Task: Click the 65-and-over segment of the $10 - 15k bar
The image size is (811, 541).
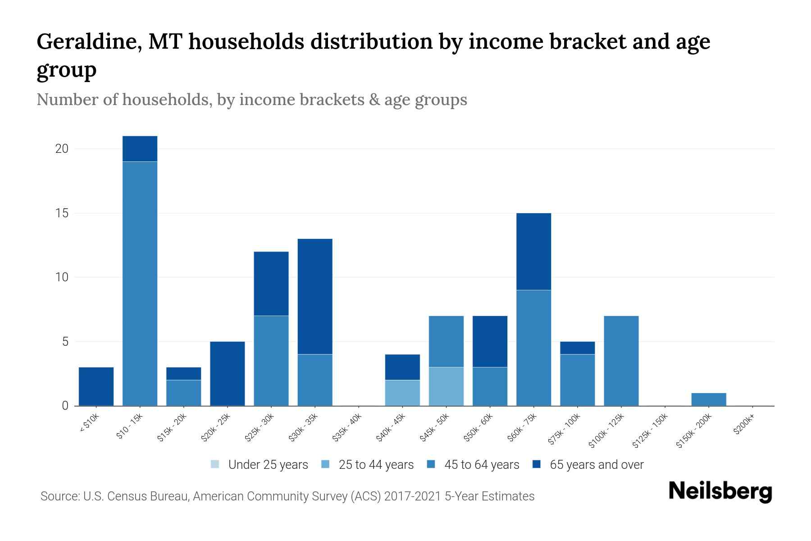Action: [140, 149]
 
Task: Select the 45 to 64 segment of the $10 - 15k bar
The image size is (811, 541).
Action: [140, 284]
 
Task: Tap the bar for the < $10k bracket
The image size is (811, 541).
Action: [96, 387]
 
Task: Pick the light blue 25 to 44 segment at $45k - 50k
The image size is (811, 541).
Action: [446, 387]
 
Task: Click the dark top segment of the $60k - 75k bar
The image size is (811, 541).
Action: [533, 252]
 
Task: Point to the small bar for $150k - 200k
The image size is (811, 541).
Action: [709, 399]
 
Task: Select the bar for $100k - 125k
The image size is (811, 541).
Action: [621, 361]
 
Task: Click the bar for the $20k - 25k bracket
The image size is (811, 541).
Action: [228, 374]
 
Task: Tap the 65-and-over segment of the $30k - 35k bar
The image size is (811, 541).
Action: [315, 297]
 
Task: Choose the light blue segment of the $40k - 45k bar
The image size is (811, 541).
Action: [402, 393]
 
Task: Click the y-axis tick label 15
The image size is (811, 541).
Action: [62, 213]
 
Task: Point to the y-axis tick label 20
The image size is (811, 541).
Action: [62, 149]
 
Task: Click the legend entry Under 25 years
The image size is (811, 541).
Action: [260, 465]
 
